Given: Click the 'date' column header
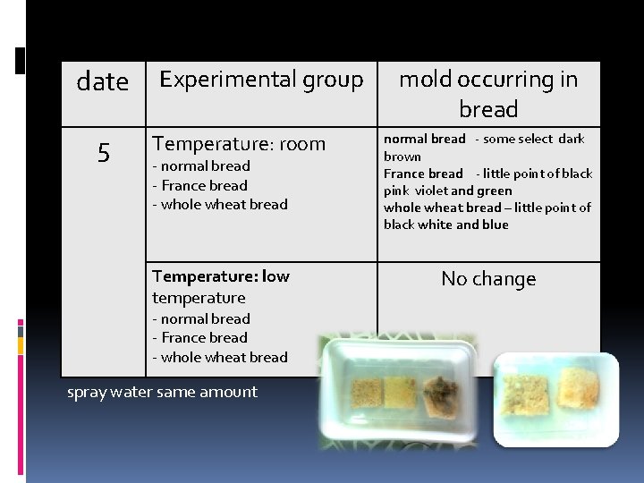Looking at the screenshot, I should (103, 82).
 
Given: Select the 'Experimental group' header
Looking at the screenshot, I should (260, 80).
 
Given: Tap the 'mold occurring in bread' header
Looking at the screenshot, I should (487, 94).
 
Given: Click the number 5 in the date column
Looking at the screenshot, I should (104, 154).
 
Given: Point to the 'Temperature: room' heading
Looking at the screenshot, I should (239, 144).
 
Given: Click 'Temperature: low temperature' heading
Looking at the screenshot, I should (221, 286).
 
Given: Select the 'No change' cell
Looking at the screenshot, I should (488, 279).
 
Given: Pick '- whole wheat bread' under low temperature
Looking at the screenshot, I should (219, 357).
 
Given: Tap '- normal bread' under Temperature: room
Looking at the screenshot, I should (201, 166).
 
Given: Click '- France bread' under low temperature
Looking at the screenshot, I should (199, 337).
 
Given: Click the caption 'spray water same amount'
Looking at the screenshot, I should (162, 392).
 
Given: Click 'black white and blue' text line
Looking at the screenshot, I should (445, 225).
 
